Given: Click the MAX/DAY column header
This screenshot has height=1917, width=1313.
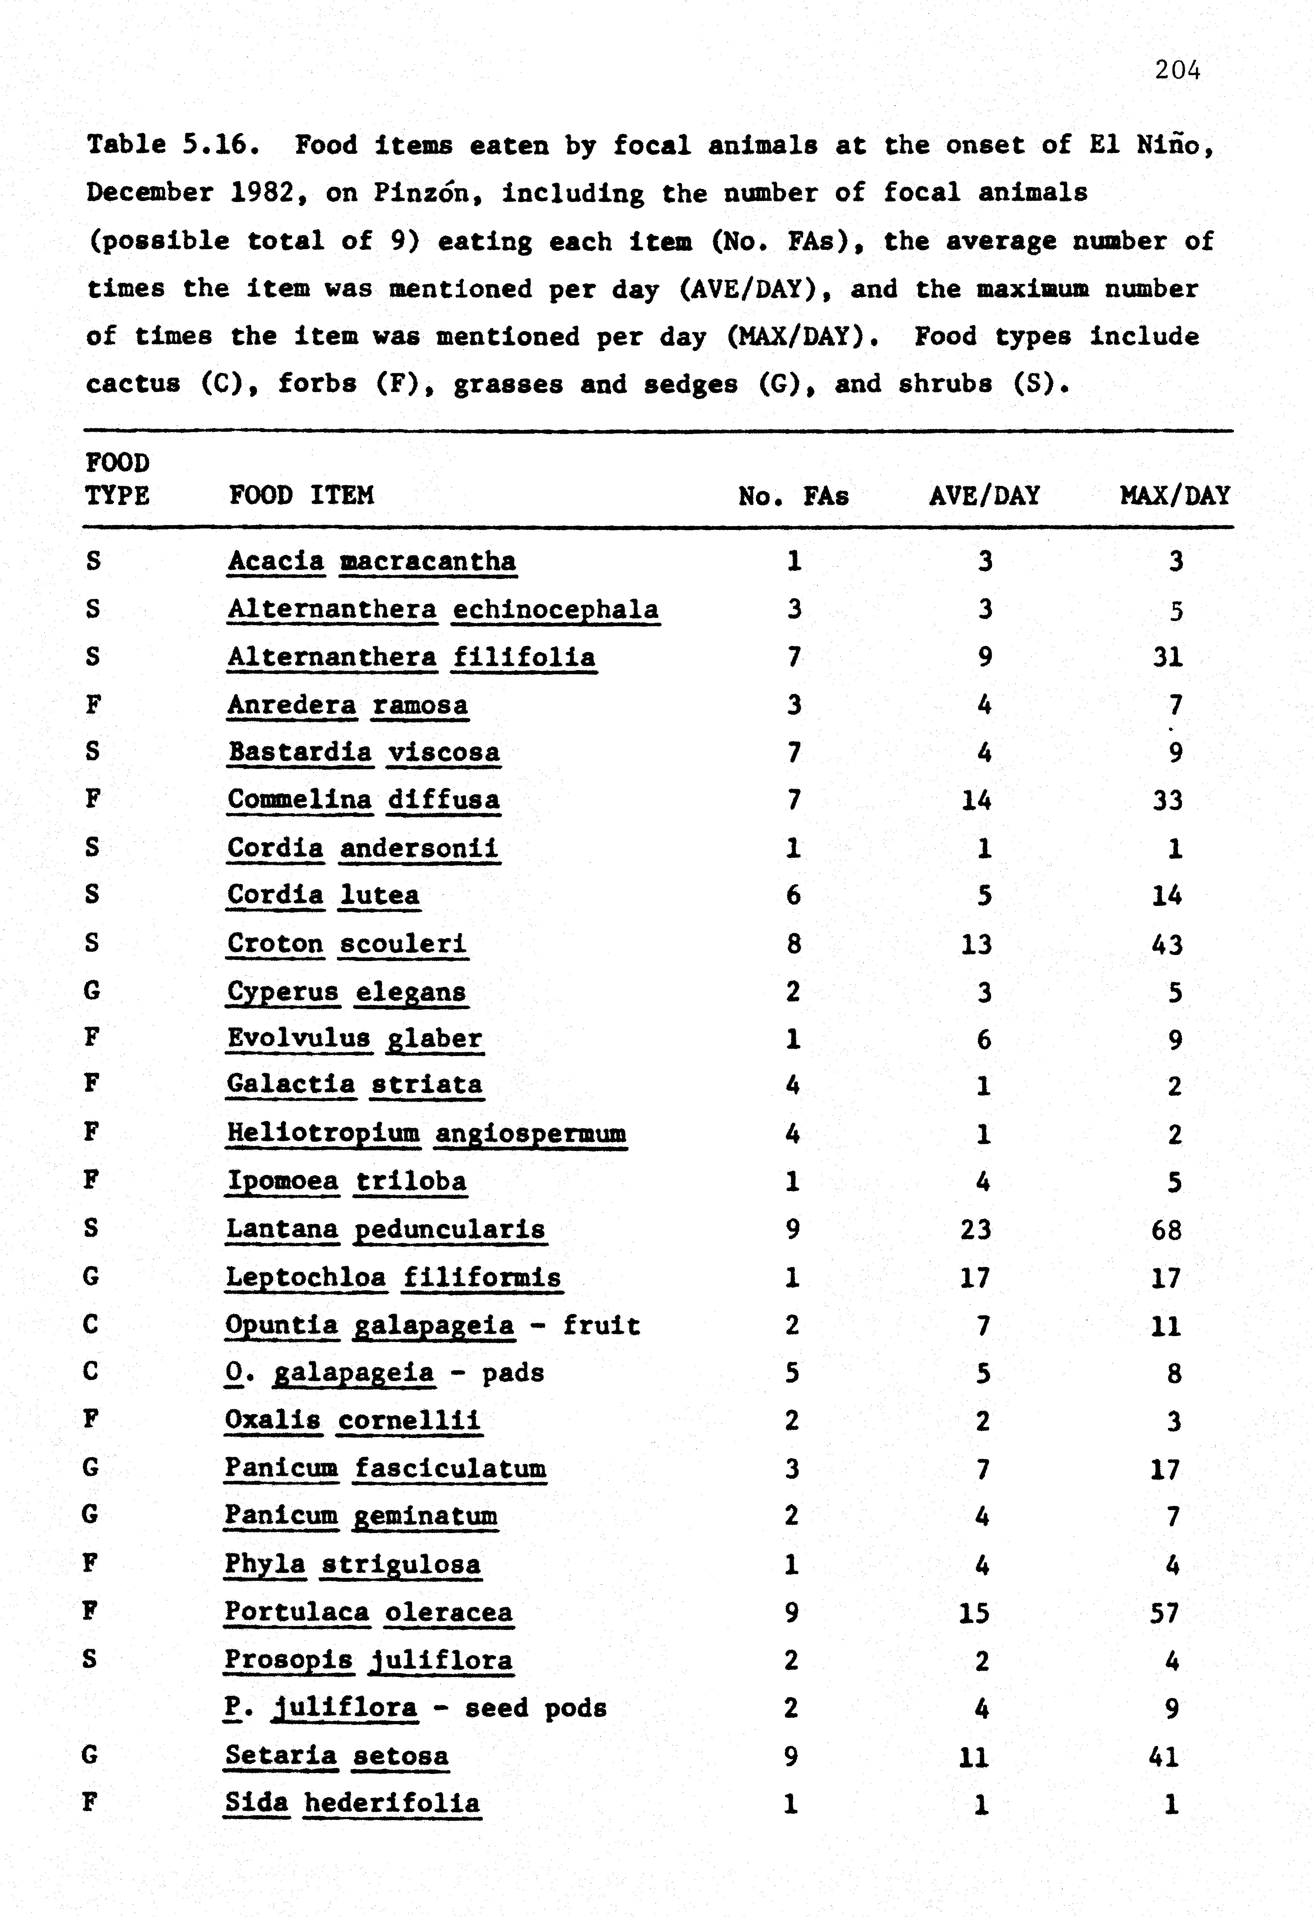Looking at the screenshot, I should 1174,496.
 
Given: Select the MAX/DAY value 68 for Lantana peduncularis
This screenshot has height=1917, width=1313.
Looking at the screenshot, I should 1166,1230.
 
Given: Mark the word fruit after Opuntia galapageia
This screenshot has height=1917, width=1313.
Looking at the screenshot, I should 601,1326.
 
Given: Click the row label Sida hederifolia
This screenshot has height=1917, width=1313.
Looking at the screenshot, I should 352,1803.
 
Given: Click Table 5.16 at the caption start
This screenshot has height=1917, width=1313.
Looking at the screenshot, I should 173,145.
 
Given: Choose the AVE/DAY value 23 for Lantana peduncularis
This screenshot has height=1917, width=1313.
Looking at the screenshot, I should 976,1230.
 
